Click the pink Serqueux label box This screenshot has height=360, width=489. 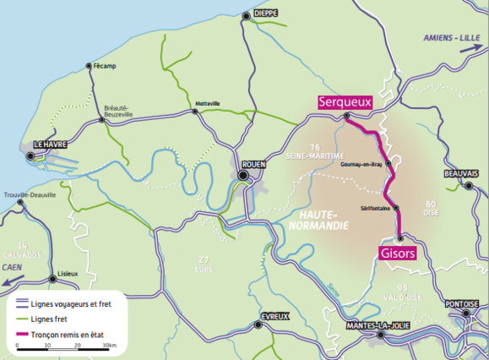point(344,102)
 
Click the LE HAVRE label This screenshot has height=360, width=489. point(50,145)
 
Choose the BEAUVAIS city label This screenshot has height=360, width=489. point(461,174)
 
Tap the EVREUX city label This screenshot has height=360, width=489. point(274,316)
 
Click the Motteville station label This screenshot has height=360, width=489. point(207,103)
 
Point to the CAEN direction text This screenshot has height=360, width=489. point(12,265)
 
